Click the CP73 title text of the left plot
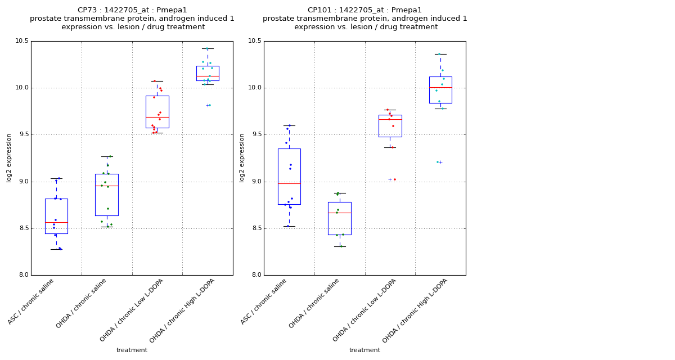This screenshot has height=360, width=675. click(132, 10)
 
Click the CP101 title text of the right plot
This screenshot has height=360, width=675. click(364, 10)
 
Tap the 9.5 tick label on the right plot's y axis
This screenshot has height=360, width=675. click(254, 135)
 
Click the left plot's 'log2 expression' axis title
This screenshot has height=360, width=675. click(9, 158)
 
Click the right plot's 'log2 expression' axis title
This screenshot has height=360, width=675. click(242, 158)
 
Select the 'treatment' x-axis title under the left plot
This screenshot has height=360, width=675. click(132, 350)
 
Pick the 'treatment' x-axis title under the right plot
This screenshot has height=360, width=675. click(364, 350)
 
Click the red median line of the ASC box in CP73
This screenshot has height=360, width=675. click(56, 223)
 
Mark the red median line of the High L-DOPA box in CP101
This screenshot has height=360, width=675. click(440, 87)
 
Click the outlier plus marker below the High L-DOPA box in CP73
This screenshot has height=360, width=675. click(207, 105)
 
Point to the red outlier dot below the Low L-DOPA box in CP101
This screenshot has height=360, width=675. click(395, 179)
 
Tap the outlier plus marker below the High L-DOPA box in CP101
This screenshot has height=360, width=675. click(440, 162)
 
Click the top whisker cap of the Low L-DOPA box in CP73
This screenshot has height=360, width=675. click(157, 81)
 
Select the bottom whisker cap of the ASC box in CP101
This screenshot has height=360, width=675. click(289, 226)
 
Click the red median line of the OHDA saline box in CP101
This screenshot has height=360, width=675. click(339, 213)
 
